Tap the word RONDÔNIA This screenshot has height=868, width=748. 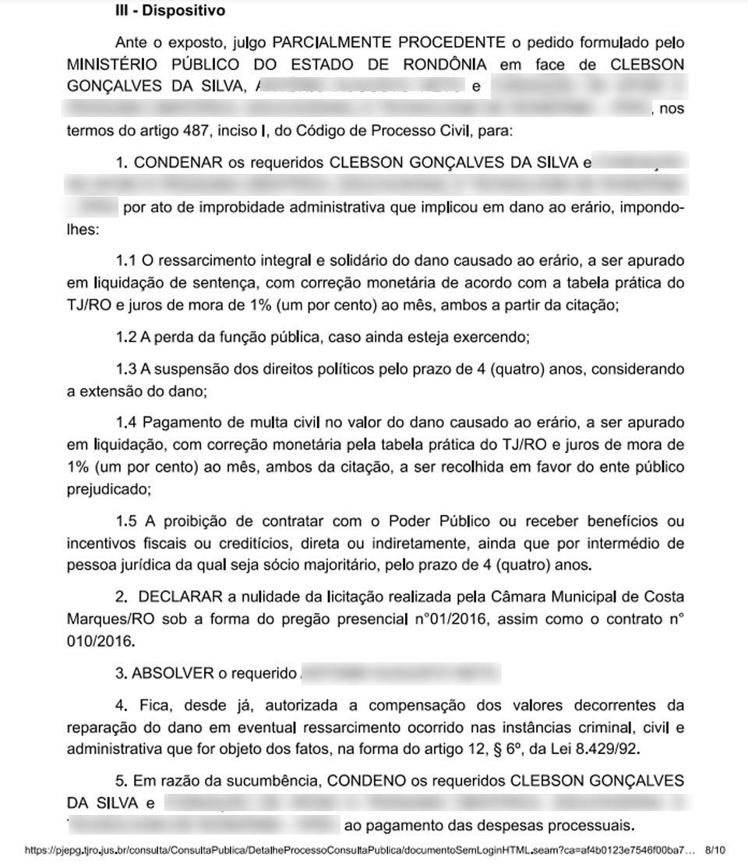point(437,63)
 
